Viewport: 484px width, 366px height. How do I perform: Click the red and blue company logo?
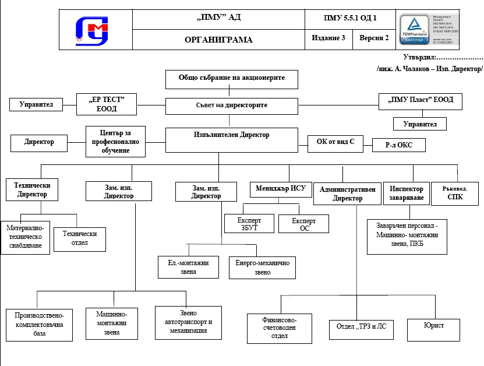(93, 30)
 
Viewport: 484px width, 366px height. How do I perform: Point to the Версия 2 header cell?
(374, 38)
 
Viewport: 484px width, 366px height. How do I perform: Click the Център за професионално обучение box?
(115, 141)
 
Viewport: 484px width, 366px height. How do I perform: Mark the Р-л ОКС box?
(398, 145)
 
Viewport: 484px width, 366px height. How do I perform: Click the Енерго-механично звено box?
(262, 268)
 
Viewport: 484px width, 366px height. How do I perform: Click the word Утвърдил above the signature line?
(418, 57)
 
